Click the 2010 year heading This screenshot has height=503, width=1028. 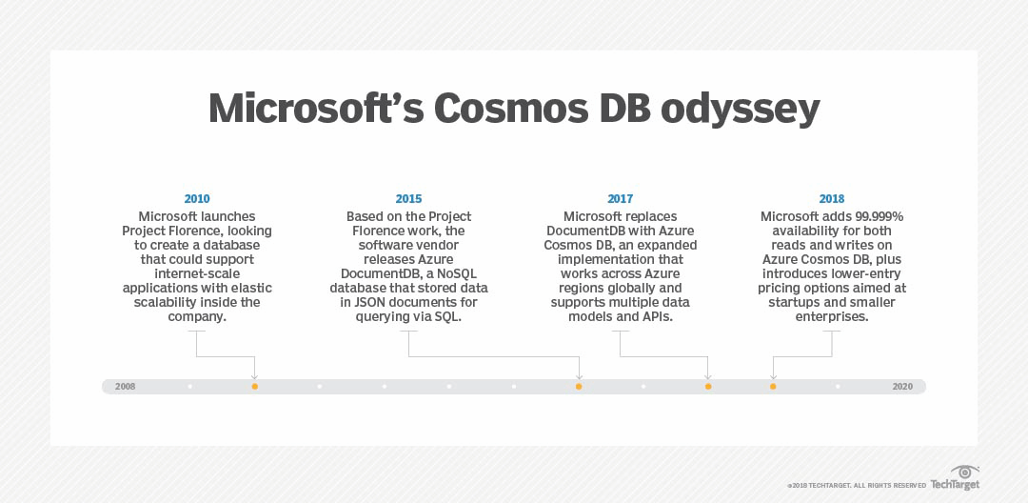point(197,199)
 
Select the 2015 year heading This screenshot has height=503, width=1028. point(408,199)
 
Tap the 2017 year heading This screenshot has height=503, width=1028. point(621,199)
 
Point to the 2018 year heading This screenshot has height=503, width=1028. point(831,199)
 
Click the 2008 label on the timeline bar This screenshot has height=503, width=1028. point(126,387)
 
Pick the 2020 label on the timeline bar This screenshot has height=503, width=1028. point(902,387)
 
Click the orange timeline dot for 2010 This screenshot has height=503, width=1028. point(254,387)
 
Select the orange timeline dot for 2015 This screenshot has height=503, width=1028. point(579,387)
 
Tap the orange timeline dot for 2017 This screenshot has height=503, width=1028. point(708,387)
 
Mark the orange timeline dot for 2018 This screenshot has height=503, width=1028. point(773,387)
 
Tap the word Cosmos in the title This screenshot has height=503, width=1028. point(509,109)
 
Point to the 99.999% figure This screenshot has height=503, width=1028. point(875,216)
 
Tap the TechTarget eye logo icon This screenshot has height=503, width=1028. point(964,473)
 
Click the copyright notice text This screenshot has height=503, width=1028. point(857,486)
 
